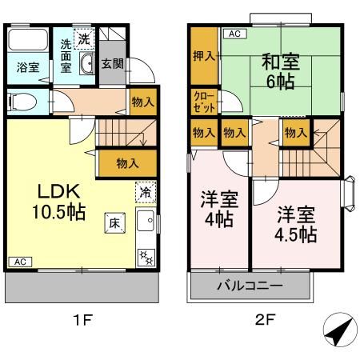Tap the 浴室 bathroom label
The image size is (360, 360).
(28, 68)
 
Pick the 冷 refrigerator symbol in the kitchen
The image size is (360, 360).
(145, 192)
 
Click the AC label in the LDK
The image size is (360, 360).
(20, 262)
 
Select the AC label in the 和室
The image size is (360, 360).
(234, 34)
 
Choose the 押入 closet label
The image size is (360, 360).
(204, 56)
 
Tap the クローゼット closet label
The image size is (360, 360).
(203, 102)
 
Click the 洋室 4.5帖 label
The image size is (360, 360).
(297, 225)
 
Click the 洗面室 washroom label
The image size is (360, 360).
(66, 56)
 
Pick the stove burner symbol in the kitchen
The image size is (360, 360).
(145, 256)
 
